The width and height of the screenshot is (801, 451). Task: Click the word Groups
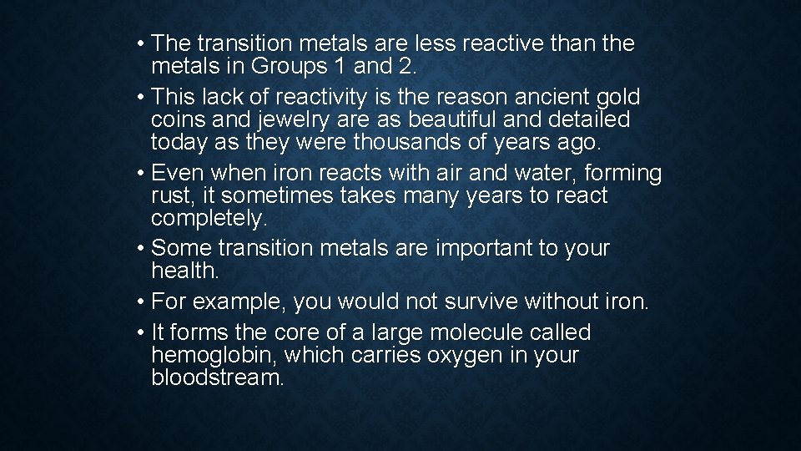pyautogui.click(x=291, y=66)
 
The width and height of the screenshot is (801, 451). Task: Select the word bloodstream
pyautogui.click(x=218, y=378)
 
